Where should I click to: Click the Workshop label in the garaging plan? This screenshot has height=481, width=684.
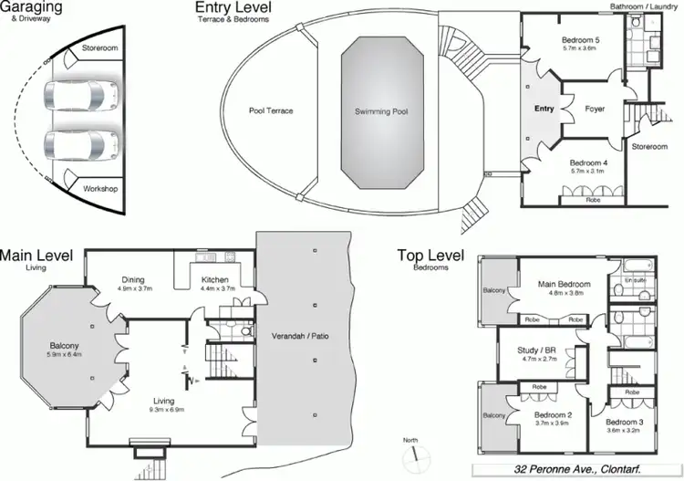tap(100, 189)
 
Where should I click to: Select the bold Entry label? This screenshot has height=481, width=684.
tap(544, 109)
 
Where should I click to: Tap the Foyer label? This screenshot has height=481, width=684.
tap(596, 109)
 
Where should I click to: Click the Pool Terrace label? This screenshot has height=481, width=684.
tap(271, 111)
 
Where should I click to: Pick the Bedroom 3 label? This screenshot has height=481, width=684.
tap(624, 422)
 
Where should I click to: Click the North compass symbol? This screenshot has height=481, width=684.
tap(415, 452)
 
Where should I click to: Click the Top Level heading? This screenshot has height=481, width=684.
tap(430, 256)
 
